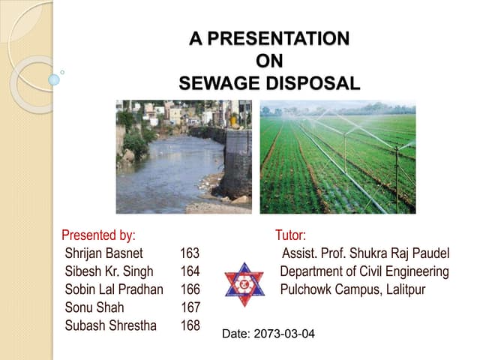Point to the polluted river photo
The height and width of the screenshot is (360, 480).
pos(183,157)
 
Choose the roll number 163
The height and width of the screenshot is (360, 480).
pos(190,253)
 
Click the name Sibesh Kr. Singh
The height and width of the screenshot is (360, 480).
pos(109,271)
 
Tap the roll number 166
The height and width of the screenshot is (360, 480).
pos(190,289)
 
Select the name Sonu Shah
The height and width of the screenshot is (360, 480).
pos(94,307)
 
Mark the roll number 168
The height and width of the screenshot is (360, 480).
pos(190,325)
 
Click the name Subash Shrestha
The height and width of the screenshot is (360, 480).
pos(110,325)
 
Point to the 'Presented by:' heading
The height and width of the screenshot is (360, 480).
pos(98,235)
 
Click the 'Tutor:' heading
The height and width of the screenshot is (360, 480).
pos(290,235)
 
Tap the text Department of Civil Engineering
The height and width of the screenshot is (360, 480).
pos(364,271)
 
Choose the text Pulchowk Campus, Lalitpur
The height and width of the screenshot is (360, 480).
pos(352,289)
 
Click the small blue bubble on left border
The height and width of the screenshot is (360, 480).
pos(54,79)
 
